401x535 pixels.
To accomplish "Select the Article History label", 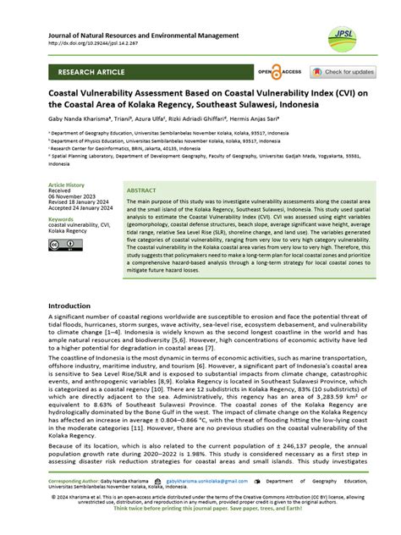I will (x=69, y=184).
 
